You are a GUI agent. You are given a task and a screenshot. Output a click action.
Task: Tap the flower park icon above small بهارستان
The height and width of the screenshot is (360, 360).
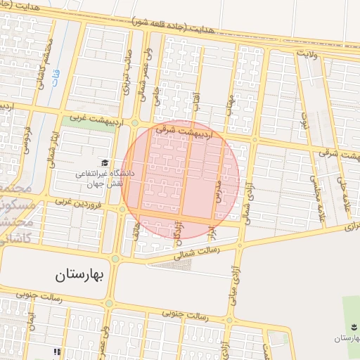[351, 326]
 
